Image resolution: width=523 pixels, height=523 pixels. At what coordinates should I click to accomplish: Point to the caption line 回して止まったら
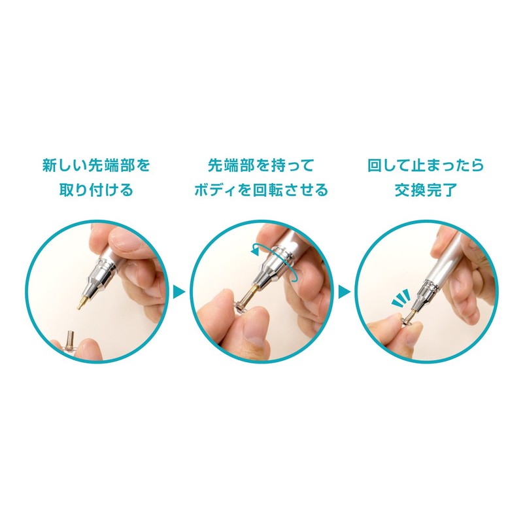tap(425, 165)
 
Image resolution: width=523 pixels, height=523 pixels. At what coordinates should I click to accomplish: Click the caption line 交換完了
tap(425, 190)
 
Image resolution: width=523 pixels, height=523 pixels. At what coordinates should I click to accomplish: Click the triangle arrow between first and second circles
tap(178, 290)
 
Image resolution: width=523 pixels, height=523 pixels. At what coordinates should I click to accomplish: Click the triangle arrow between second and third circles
tap(343, 290)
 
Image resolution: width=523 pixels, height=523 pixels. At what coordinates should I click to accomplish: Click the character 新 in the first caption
tap(49, 165)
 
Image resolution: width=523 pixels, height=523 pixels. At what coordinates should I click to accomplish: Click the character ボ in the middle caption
tap(201, 190)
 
